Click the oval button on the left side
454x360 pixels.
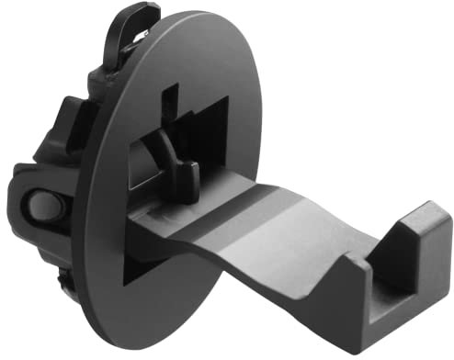pyautogui.click(x=41, y=207)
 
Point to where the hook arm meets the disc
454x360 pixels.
pyautogui.click(x=147, y=220)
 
